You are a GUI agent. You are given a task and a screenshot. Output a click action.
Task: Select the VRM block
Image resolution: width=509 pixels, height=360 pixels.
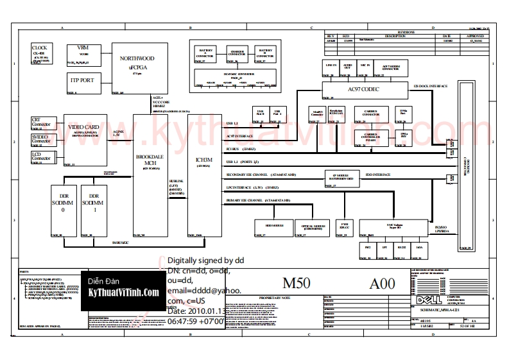83,54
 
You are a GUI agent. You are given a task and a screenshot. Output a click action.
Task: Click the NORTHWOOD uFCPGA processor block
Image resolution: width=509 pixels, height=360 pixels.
137,68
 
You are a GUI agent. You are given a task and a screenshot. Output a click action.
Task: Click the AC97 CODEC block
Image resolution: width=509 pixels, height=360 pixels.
364,90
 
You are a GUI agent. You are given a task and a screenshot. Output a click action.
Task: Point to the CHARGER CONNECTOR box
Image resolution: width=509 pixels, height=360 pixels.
237,54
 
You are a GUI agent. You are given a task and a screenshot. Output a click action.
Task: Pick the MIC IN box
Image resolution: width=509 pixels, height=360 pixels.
365,68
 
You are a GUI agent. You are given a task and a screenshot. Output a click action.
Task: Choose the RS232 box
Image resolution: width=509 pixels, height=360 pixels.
402,250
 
